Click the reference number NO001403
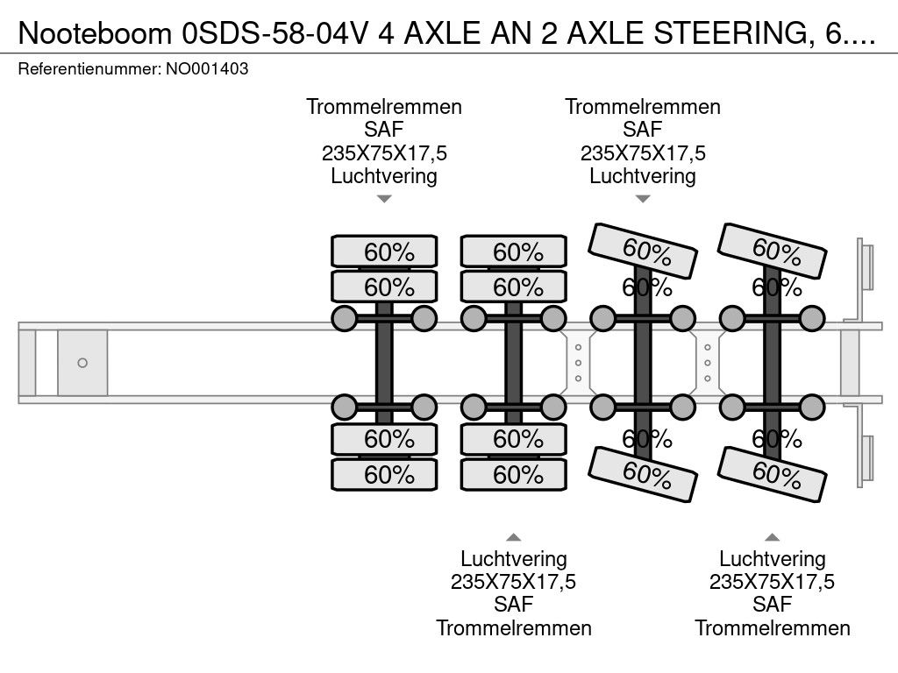coord(207,69)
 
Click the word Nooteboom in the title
coord(95,33)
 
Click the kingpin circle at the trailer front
coord(82,363)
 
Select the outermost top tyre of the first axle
coord(384,251)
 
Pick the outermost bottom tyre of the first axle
coord(384,474)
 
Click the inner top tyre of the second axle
coord(514,287)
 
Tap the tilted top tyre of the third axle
coord(643,251)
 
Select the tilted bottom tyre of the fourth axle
coord(772,474)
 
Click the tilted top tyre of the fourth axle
coord(772,251)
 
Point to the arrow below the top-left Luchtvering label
coord(384,199)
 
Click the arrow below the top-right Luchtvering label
coord(643,199)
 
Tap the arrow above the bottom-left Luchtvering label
coord(514,537)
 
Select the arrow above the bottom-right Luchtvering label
coord(772,537)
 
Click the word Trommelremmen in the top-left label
coord(384,107)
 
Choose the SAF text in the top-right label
coord(643,130)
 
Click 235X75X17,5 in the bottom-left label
coord(514,582)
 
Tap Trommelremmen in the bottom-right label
coord(772,628)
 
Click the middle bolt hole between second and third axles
coord(579,363)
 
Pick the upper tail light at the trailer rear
coord(866,266)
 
